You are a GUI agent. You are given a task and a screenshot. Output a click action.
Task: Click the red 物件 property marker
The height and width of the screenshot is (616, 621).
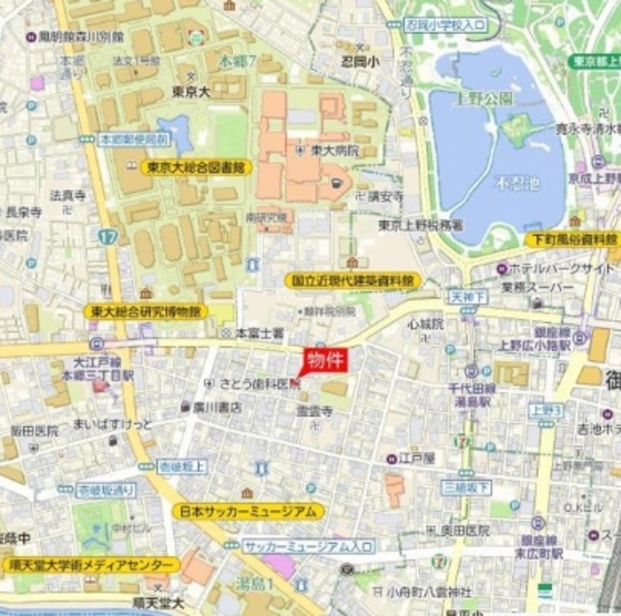pos(326,361)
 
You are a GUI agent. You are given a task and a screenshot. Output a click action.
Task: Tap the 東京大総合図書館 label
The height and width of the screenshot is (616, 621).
pos(197,167)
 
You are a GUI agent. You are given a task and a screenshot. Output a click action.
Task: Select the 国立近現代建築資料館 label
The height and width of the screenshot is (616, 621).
pos(354,280)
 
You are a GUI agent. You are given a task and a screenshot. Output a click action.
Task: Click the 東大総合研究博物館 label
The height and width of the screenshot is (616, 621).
pos(146,311)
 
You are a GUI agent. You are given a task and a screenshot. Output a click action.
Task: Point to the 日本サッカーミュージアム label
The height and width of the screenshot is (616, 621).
pos(248,511)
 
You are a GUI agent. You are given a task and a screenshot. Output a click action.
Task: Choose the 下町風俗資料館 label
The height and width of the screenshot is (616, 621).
pos(572,238)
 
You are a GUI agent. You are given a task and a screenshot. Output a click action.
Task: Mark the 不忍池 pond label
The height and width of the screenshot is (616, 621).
pos(513,182)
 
